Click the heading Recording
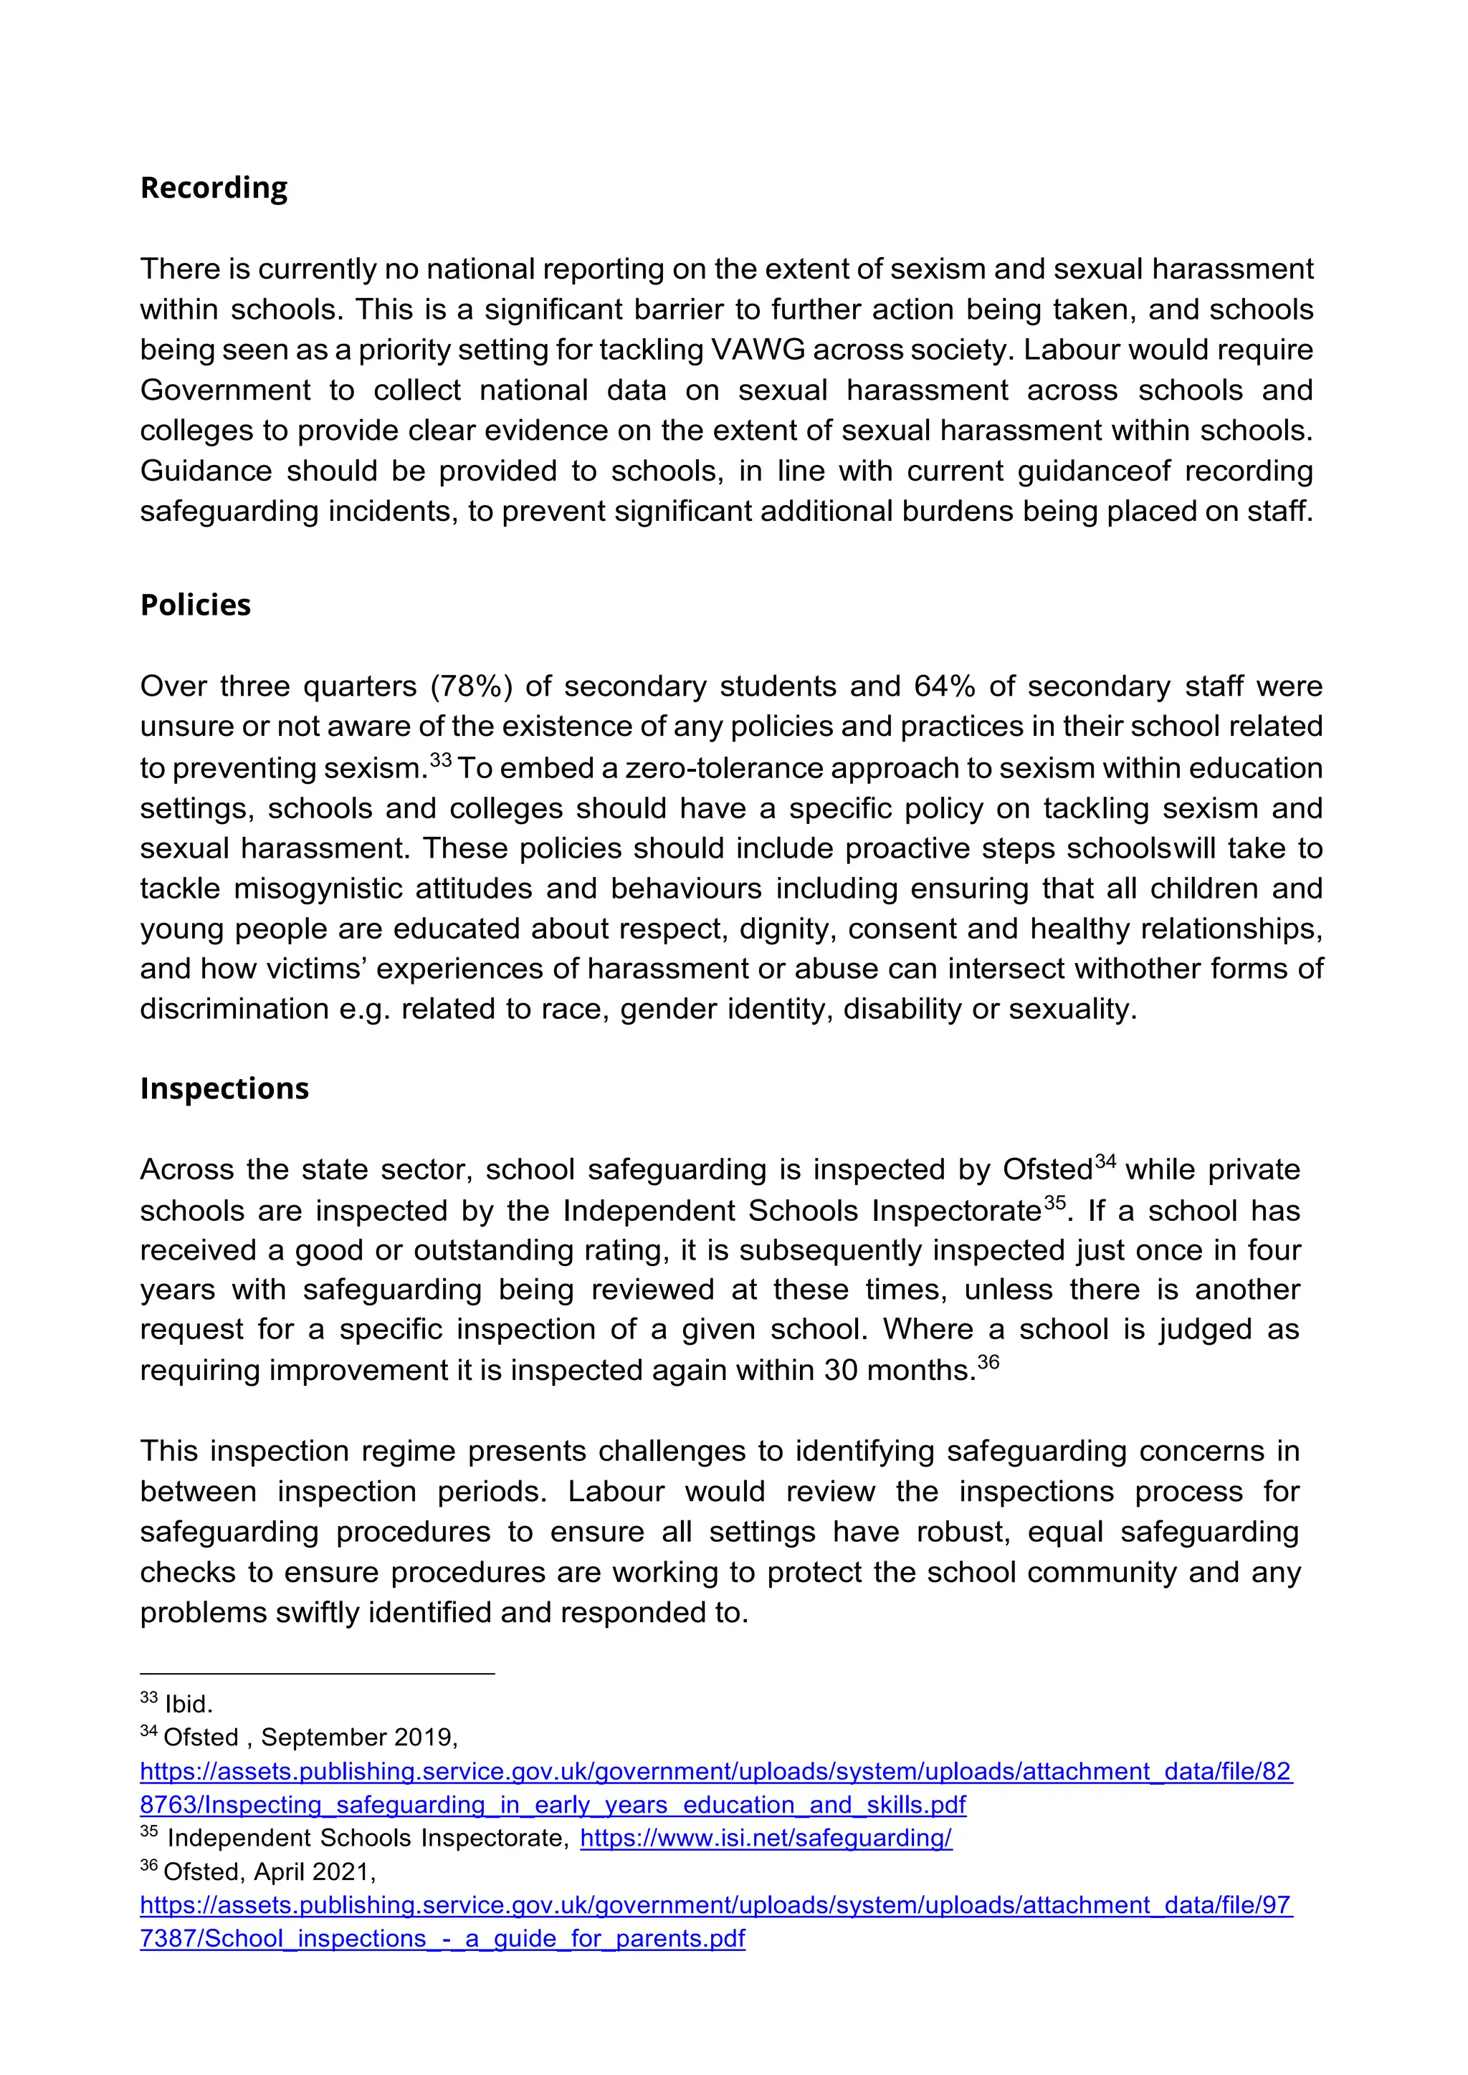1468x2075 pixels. point(214,188)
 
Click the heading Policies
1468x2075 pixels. point(195,605)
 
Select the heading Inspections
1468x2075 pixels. point(224,1088)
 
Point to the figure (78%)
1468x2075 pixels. point(471,686)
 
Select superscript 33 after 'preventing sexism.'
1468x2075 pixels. point(440,760)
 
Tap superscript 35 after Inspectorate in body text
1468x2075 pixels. point(1054,1203)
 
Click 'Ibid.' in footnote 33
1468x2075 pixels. point(188,1705)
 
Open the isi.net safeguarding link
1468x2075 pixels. point(766,1839)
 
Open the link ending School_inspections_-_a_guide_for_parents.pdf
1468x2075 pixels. point(443,1939)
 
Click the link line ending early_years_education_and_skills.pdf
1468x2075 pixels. point(553,1805)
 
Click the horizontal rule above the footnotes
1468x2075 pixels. point(316,1674)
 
